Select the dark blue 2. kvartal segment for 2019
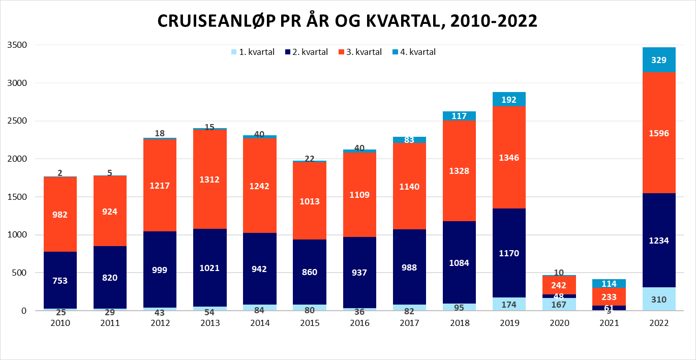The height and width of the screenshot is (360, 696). click(x=509, y=234)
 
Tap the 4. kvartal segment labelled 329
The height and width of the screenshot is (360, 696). click(x=659, y=60)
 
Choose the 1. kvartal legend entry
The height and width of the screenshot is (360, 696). click(x=253, y=52)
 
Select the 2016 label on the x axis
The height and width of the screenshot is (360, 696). click(x=359, y=323)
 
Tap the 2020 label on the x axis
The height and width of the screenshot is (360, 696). click(x=559, y=323)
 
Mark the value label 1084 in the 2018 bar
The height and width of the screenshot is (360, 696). click(x=460, y=263)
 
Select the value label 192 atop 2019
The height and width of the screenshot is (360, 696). click(x=509, y=100)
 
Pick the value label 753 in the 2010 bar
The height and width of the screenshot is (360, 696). click(x=60, y=280)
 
